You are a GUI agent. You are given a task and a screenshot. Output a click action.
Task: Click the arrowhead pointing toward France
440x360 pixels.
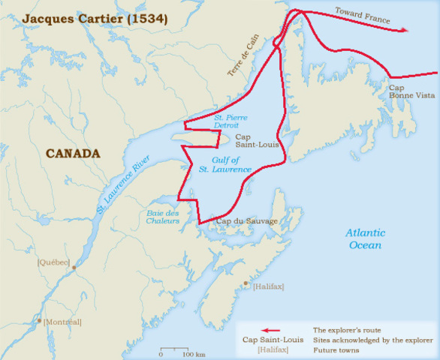tap(405, 30)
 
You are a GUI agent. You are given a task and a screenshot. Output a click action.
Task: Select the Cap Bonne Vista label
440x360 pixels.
tap(406, 92)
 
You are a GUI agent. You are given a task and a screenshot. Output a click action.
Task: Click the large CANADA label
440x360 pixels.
tap(73, 154)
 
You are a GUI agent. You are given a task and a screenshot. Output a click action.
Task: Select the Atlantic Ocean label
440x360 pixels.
tap(364, 239)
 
